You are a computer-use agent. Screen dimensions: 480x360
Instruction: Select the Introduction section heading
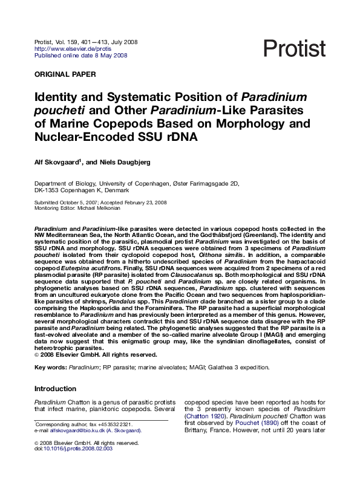click(56, 389)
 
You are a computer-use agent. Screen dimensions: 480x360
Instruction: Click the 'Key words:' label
click(50, 367)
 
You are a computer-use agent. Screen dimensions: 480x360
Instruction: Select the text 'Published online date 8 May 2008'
click(80, 56)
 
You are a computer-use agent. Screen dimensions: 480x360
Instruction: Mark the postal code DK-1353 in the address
click(49, 190)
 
